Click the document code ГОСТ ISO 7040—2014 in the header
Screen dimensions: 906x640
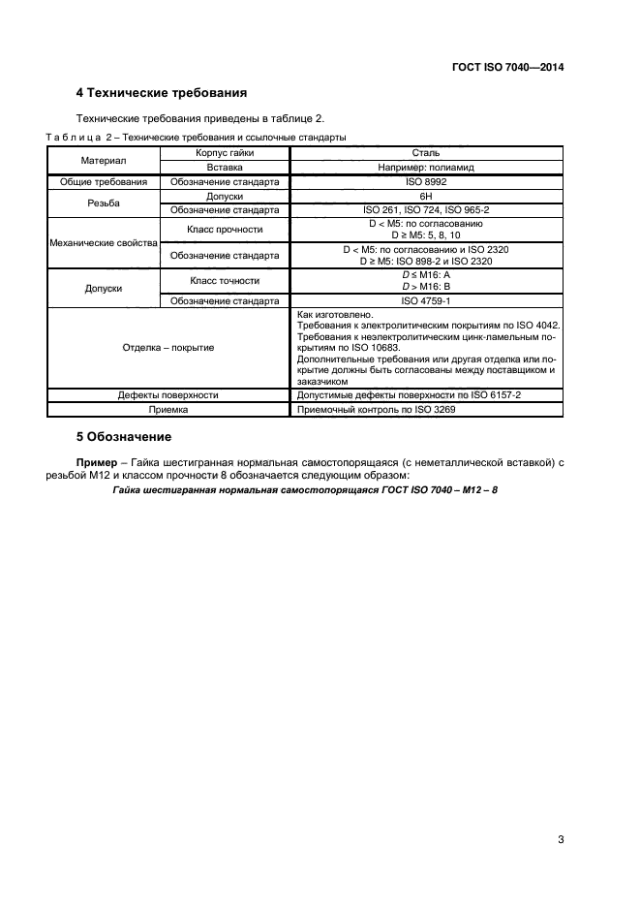[507, 68]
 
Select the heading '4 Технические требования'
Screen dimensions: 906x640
[160, 94]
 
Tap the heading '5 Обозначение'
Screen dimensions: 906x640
[116, 436]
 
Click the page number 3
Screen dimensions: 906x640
[561, 839]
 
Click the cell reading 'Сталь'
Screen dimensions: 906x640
[426, 153]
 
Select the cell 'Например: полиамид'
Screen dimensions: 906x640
[426, 168]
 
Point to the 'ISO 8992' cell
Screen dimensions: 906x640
[426, 181]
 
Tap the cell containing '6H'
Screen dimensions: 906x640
[426, 196]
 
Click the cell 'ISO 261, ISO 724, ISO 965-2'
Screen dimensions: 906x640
[426, 209]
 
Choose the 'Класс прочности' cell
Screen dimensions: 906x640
[224, 230]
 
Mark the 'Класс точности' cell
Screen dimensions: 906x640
[224, 280]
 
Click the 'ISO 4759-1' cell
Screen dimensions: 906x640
[426, 300]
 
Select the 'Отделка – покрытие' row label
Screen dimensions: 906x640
[168, 347]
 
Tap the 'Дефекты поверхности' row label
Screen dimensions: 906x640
[168, 395]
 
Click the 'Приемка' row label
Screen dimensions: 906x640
[168, 410]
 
